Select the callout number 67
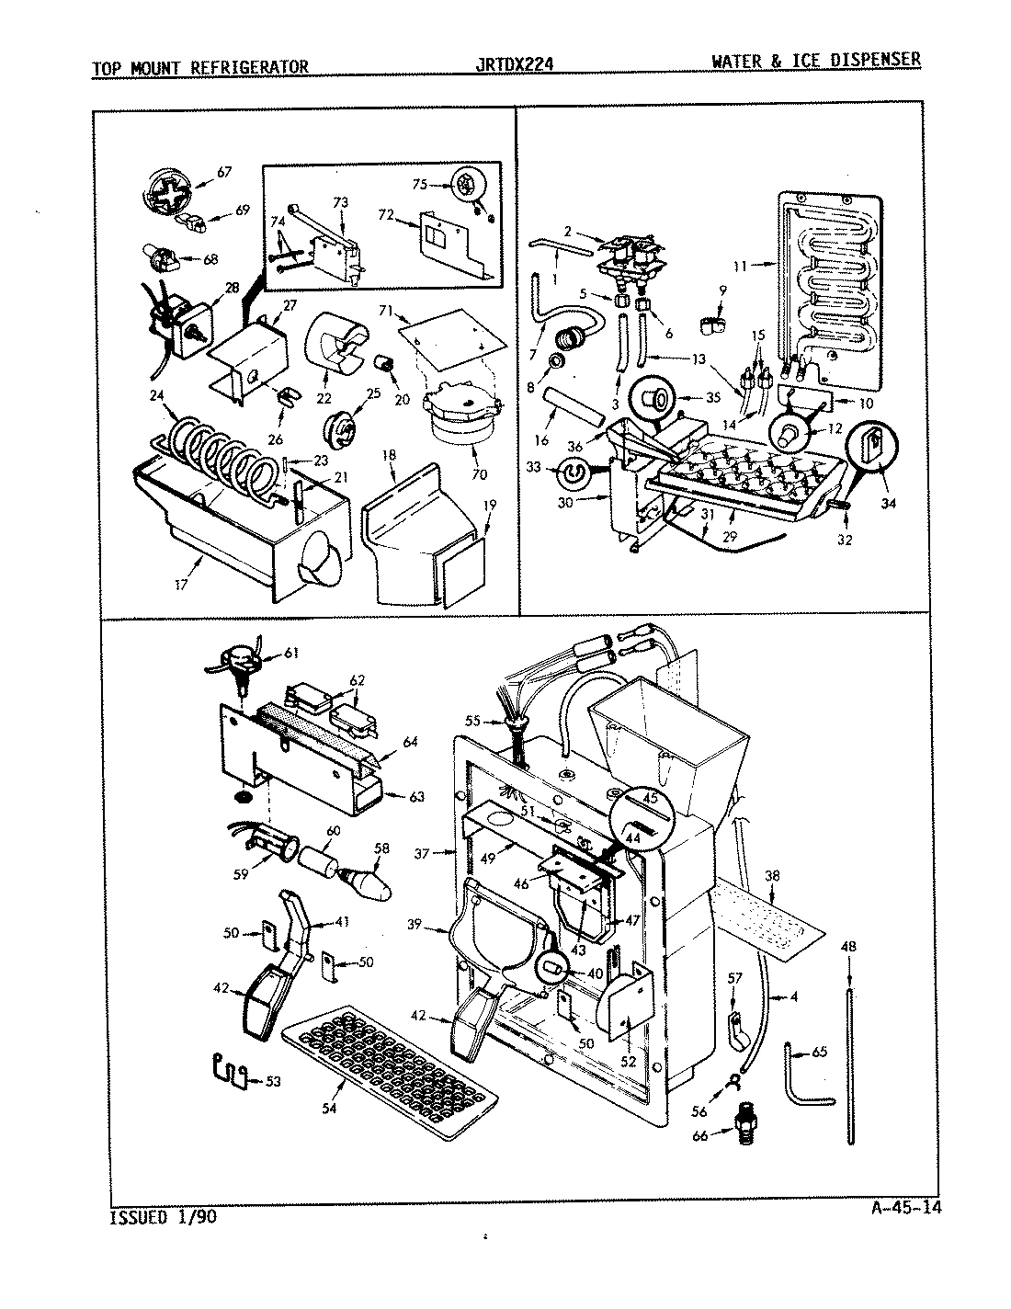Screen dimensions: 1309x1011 point(223,171)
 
